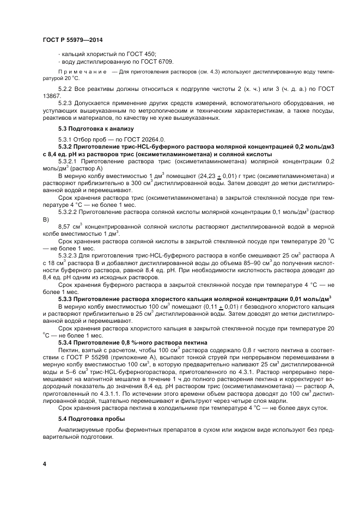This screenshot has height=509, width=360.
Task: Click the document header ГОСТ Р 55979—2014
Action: pos(72,40)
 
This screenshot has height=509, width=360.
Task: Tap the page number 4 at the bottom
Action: pos(45,463)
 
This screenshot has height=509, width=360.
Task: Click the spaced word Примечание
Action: pos(82,72)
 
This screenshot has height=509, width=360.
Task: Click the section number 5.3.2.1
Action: pos(69,162)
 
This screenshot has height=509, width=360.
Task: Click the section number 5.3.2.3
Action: pos(69,255)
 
